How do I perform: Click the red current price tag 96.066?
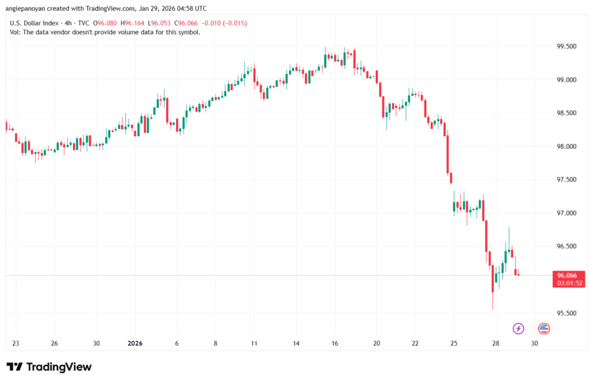pyautogui.click(x=568, y=275)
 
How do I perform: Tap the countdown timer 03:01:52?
pyautogui.click(x=568, y=283)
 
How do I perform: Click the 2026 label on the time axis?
pyautogui.click(x=134, y=343)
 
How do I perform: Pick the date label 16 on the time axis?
pyautogui.click(x=335, y=343)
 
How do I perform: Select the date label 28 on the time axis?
pyautogui.click(x=496, y=343)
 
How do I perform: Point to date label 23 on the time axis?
pyautogui.click(x=15, y=343)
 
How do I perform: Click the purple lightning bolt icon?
pyautogui.click(x=518, y=329)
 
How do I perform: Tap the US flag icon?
pyautogui.click(x=544, y=329)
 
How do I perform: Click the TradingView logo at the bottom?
pyautogui.click(x=49, y=367)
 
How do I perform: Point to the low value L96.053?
pyautogui.click(x=164, y=23)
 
